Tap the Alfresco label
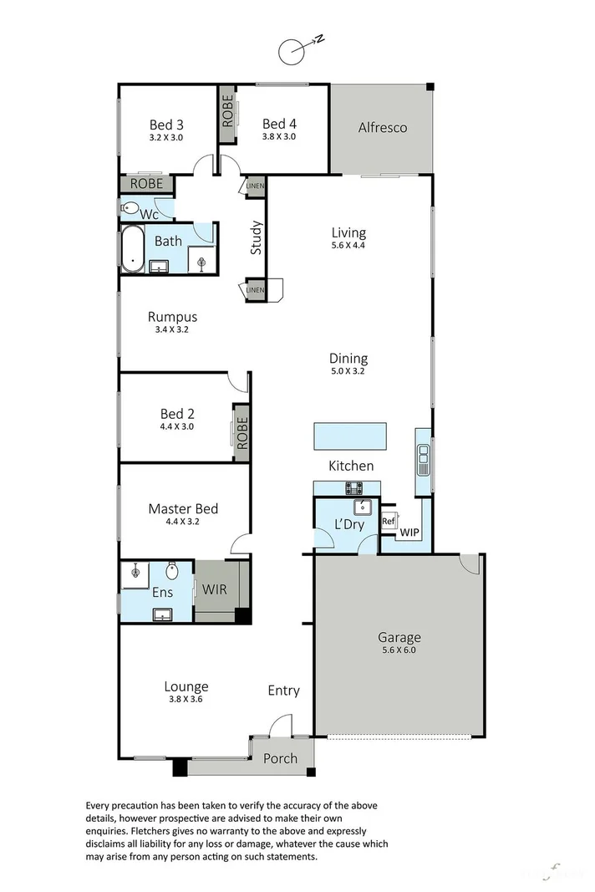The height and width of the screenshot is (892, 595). (382, 128)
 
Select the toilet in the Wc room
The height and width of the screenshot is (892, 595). (130, 209)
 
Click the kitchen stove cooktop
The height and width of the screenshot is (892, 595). (354, 488)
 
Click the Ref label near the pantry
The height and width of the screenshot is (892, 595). (388, 521)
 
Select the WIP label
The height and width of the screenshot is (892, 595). (409, 532)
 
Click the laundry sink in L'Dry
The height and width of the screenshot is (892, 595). (363, 507)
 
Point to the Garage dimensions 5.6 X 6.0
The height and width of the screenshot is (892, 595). (398, 650)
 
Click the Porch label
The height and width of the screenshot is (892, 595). (280, 759)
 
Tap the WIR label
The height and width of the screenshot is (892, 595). (215, 589)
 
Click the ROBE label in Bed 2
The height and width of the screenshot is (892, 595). (242, 434)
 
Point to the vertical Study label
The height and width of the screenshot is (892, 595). (257, 237)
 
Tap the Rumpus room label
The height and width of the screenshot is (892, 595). (172, 317)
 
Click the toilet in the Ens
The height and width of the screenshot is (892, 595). (172, 572)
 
